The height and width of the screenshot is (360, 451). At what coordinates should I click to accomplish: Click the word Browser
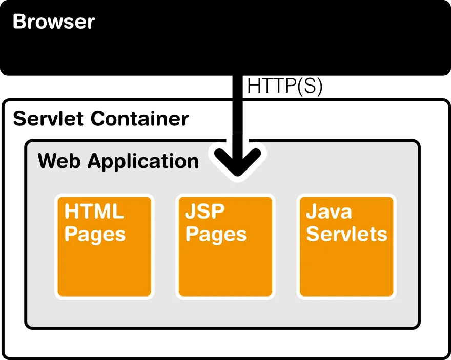54,22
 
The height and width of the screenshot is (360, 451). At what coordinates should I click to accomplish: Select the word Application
143,162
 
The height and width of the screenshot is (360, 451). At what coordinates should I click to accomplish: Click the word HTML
94,211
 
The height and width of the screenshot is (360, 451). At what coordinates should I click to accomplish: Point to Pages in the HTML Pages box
95,235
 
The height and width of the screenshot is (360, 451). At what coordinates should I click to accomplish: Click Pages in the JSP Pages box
216,235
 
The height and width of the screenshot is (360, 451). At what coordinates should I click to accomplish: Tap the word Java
329,211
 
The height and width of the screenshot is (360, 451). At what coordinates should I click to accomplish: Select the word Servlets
346,234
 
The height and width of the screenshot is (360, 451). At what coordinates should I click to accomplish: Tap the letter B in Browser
19,22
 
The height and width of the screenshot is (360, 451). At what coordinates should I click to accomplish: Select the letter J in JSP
190,211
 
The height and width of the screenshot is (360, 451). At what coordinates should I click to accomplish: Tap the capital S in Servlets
313,234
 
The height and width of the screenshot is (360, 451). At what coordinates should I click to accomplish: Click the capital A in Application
95,161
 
